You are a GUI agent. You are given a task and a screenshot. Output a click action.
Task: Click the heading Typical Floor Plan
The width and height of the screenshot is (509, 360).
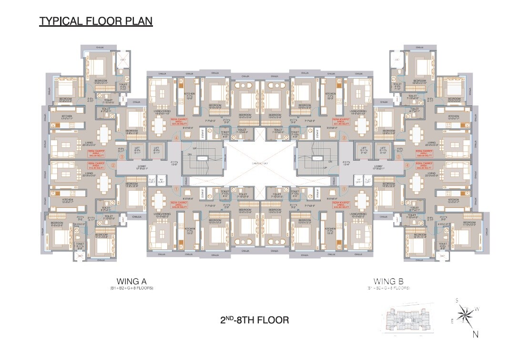(96, 21)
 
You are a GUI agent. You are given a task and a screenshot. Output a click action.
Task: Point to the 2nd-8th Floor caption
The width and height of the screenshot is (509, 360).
(254, 319)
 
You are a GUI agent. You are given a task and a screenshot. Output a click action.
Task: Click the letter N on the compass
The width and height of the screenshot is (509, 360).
(476, 334)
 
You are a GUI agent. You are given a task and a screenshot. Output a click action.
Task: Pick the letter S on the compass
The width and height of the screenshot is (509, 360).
(457, 300)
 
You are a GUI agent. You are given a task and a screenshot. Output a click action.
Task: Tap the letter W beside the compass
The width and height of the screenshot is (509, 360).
(477, 309)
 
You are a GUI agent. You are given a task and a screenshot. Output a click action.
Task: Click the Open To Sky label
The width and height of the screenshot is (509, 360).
(258, 164)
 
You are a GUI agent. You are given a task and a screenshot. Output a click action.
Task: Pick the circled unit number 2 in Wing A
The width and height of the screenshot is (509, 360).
(113, 165)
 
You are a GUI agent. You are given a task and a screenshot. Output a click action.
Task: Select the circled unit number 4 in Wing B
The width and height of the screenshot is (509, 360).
(407, 165)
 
